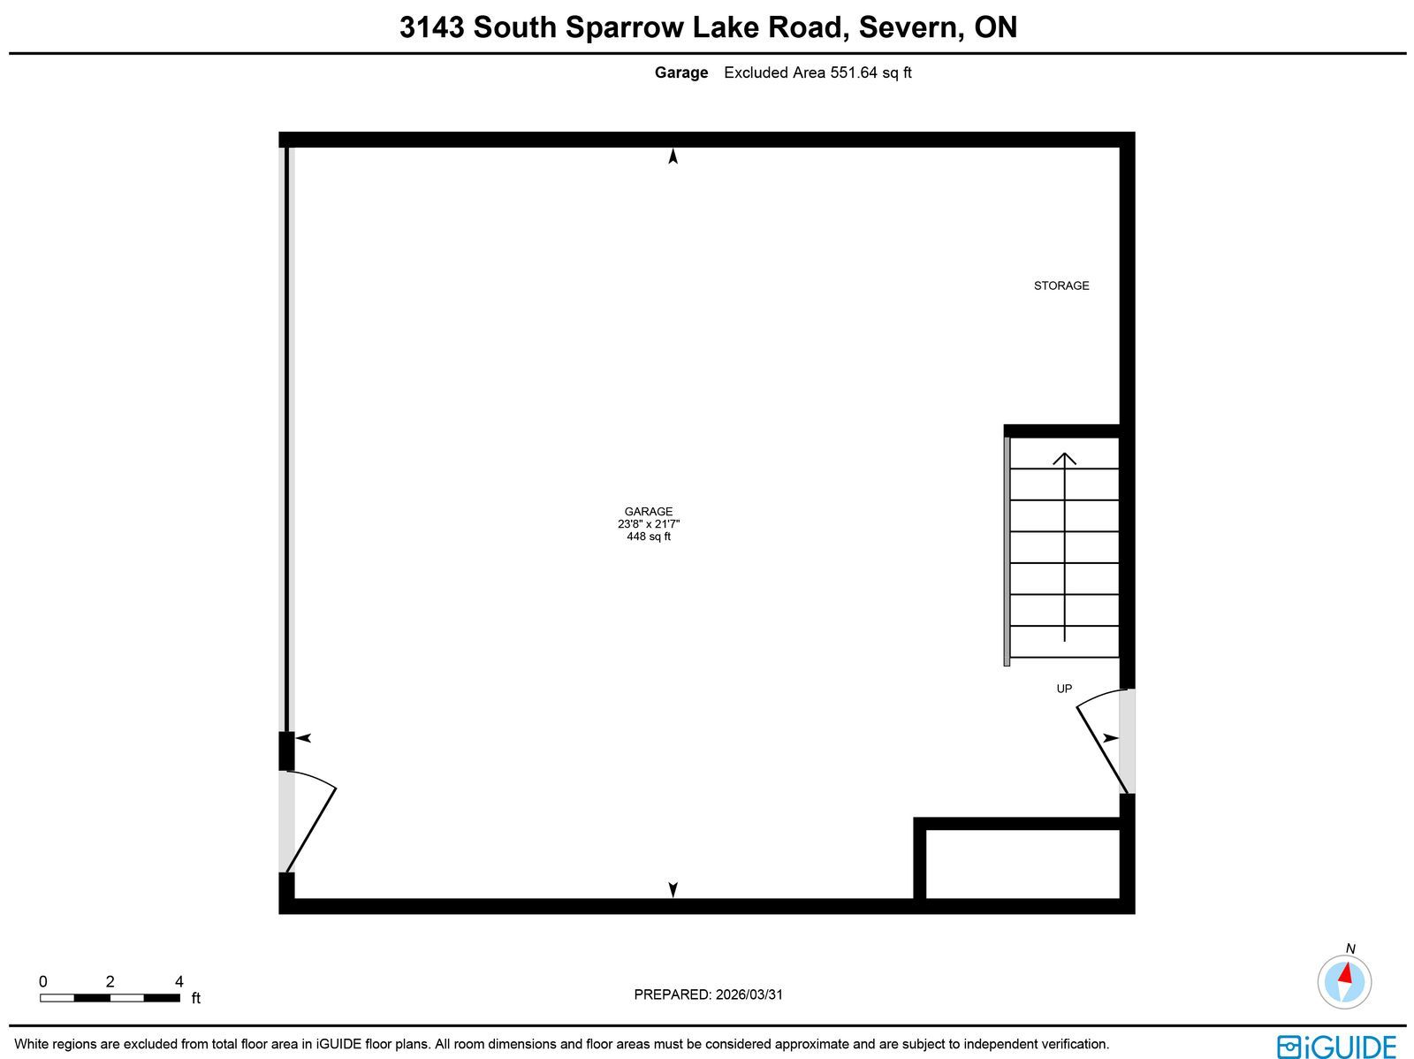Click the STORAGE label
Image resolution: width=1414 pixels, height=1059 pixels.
(x=1061, y=286)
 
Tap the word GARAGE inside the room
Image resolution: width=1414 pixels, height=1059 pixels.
(x=648, y=512)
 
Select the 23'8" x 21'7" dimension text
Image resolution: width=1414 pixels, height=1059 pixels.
(x=648, y=523)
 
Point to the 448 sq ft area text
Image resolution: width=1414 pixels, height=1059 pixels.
(x=648, y=536)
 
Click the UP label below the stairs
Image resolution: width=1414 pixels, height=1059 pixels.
(x=1063, y=689)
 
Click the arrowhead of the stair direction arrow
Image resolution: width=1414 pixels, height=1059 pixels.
(x=1064, y=458)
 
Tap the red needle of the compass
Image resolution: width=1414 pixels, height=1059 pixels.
(x=1345, y=972)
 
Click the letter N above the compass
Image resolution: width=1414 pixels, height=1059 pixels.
(x=1350, y=949)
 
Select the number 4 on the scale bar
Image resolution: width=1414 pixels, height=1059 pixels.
(x=179, y=981)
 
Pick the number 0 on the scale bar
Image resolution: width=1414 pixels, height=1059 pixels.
(x=43, y=981)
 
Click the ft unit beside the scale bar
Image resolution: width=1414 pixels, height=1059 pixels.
(x=196, y=998)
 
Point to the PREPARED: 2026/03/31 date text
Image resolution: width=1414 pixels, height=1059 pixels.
(x=708, y=994)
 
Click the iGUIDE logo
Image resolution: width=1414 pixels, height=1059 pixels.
(x=1336, y=1046)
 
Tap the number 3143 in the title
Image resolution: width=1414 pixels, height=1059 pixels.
(x=431, y=27)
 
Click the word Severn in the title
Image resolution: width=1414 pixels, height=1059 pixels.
(x=911, y=27)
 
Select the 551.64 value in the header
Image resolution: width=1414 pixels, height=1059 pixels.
(x=854, y=72)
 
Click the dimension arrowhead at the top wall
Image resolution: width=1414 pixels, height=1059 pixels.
(x=673, y=156)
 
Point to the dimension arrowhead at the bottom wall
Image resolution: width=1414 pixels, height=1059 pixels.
(x=673, y=889)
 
